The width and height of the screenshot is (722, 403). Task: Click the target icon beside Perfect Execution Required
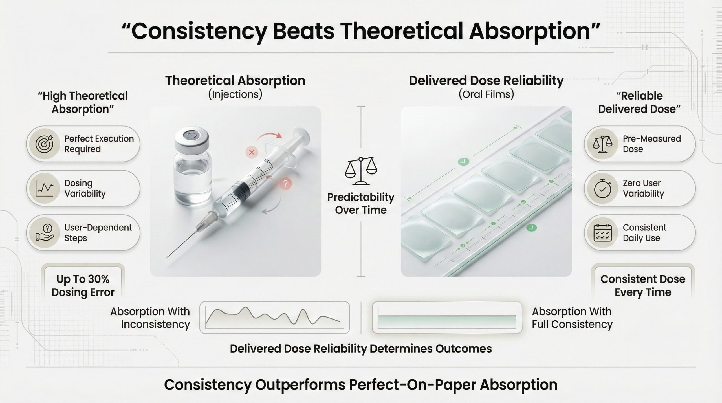[x=45, y=144]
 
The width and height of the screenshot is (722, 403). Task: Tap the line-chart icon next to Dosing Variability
[x=45, y=188]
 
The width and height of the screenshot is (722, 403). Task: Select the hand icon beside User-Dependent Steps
[x=45, y=232]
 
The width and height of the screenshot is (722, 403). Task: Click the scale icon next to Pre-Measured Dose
[x=602, y=144]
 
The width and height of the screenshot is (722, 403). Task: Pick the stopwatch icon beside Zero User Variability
[x=602, y=188]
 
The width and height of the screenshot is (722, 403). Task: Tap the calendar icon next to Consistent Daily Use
[x=602, y=233]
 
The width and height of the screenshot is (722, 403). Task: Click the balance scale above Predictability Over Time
[x=361, y=171]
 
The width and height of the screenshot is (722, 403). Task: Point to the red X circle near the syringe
[x=252, y=152]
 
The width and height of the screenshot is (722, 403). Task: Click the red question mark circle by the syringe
[x=285, y=184]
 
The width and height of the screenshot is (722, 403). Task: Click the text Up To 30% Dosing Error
[x=83, y=286]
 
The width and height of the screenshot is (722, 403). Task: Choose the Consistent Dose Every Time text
[x=643, y=286]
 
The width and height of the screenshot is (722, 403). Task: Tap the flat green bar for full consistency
[x=447, y=322]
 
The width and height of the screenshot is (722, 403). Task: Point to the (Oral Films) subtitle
[x=486, y=94]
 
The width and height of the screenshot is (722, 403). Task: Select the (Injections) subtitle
[x=235, y=94]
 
